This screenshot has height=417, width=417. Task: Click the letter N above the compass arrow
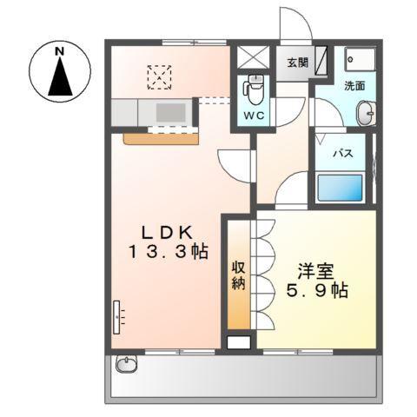[x=61, y=52]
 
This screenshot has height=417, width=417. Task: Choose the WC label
[x=254, y=116]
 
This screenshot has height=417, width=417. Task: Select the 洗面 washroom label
[x=354, y=86]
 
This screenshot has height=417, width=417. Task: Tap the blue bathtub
[x=339, y=189]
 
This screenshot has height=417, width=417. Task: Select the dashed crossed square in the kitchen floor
[x=160, y=76]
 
